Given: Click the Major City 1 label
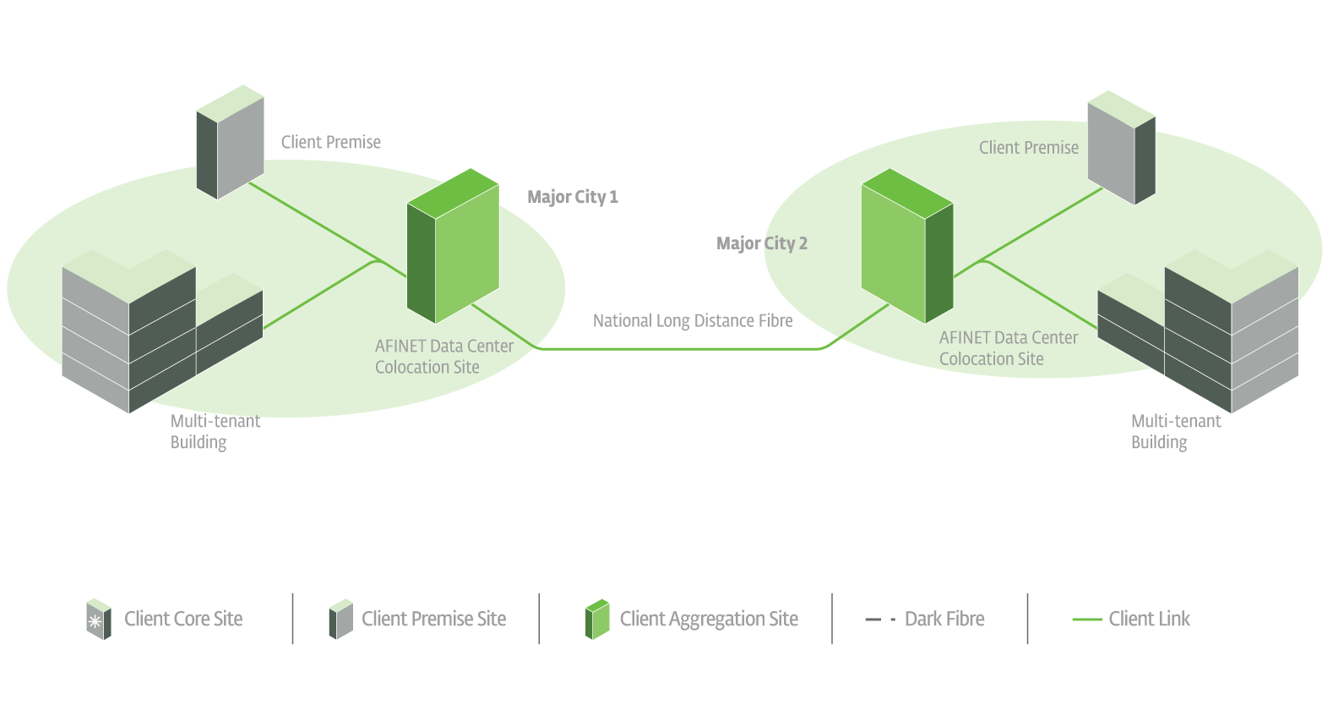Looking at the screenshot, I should [x=572, y=197].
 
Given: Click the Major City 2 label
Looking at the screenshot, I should [x=761, y=243].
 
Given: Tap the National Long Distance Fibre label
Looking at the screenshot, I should [x=692, y=321].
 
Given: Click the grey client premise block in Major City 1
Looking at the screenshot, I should [x=230, y=142].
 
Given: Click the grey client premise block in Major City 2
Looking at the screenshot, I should [x=1121, y=148].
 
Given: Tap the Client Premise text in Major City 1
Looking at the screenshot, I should [x=330, y=142].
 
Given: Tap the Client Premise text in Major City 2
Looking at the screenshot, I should [x=1028, y=148].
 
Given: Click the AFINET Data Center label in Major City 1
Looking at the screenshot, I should [x=443, y=356].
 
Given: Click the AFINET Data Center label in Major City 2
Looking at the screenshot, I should [x=1008, y=347].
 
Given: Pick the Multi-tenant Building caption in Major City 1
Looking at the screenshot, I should [x=215, y=431].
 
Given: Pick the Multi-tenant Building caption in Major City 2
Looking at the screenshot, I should [x=1175, y=431].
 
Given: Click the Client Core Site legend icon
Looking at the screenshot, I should [x=99, y=619].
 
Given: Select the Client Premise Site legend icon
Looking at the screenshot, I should [x=341, y=619].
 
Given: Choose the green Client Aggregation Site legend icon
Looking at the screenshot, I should [x=597, y=619].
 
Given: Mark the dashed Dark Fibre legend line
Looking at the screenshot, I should [x=879, y=619].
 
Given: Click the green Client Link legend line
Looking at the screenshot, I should [x=1086, y=619].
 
